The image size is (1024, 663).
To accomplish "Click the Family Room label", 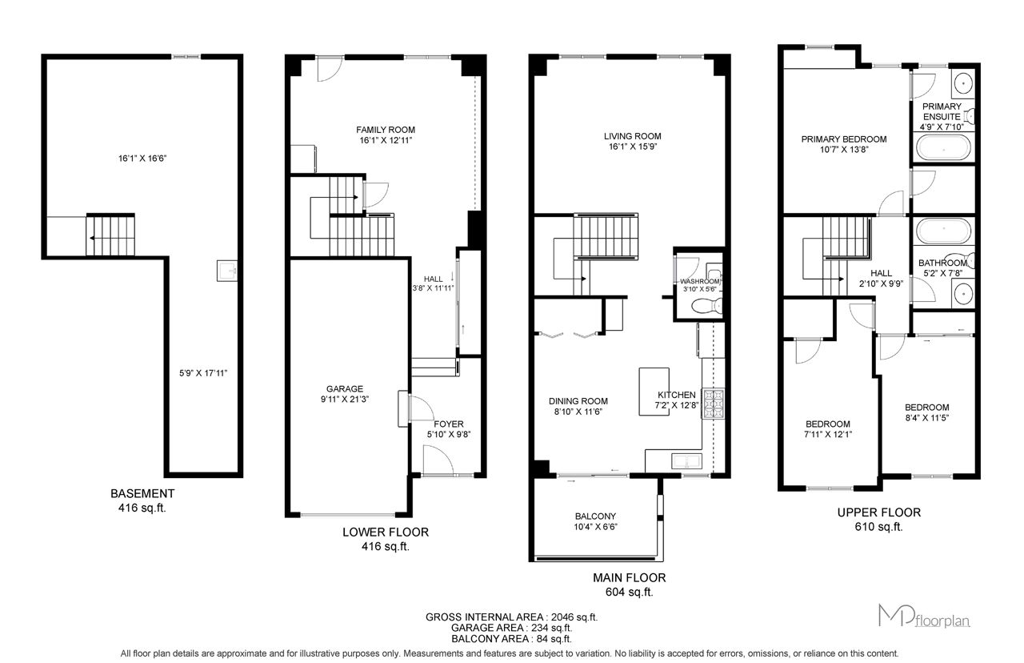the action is coord(386,130).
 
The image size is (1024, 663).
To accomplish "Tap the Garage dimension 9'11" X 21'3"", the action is coord(345,399).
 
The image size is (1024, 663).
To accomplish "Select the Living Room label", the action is coord(632,136).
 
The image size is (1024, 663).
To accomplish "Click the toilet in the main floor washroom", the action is coord(707,306).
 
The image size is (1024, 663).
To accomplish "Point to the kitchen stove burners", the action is coord(713,403).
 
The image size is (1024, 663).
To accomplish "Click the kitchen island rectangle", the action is coord(654,392).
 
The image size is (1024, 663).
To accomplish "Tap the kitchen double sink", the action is coord(686,460).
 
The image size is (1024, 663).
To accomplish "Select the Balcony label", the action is coord(595,516).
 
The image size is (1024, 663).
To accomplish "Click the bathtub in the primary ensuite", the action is coord(943,147).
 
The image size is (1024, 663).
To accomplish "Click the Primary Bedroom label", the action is coord(844,139).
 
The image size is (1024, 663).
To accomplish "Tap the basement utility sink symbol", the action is coord(226,271).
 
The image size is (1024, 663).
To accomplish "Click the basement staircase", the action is coord(110,235).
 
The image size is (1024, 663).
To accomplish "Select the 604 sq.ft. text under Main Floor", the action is coord(629,592).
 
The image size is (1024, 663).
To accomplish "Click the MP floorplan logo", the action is coord(924,616).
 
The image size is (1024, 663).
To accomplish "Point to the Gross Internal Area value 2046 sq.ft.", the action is coord(574,617).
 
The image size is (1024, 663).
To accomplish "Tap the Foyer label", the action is coord(449,424).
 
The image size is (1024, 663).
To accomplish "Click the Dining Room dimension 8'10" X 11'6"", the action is coord(578,412).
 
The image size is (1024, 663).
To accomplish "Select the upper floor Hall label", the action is coord(881,273).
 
